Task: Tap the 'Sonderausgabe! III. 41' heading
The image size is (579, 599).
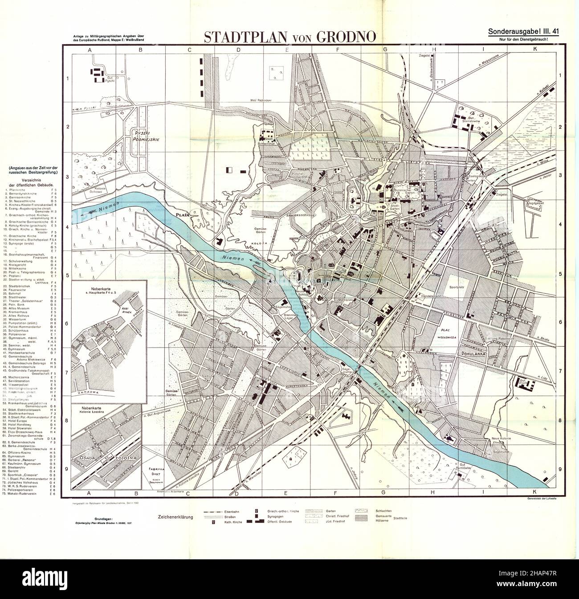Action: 523,32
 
